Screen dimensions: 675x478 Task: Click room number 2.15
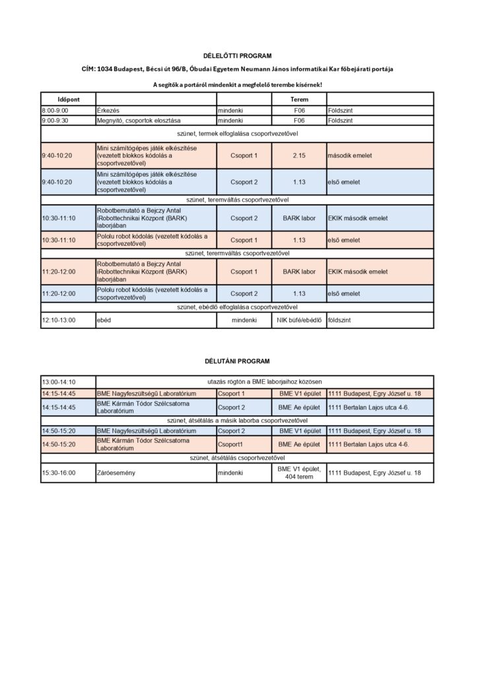click(299, 156)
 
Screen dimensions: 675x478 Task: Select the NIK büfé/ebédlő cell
click(299, 320)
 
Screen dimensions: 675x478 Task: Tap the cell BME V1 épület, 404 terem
click(299, 473)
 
